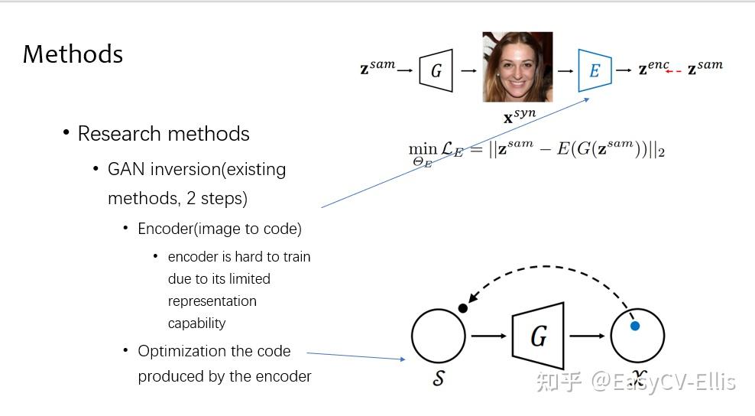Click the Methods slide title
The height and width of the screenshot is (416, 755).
click(x=73, y=54)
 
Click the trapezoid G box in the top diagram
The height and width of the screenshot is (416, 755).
click(x=436, y=70)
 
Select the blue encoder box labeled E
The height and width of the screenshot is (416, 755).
click(x=594, y=70)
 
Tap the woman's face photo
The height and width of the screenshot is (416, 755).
click(x=517, y=67)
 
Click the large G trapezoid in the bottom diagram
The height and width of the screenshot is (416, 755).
click(x=539, y=336)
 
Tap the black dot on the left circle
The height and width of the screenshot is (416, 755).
click(x=462, y=308)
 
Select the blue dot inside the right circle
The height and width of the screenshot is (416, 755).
click(x=634, y=326)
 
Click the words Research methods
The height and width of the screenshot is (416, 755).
click(x=164, y=134)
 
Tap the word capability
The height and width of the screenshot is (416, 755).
click(x=197, y=323)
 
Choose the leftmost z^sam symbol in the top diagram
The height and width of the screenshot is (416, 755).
click(x=377, y=67)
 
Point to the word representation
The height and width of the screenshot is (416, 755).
click(x=212, y=301)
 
